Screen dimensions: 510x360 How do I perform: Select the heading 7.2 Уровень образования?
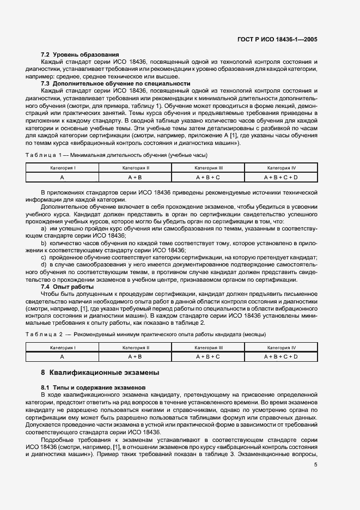coord(80,55)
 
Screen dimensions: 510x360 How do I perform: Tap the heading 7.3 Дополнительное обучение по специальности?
coord(115,84)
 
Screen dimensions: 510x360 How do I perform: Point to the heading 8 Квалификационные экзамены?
coord(100,373)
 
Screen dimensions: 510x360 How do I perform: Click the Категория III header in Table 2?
coord(208,347)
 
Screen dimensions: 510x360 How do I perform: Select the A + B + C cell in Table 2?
coord(208,356)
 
